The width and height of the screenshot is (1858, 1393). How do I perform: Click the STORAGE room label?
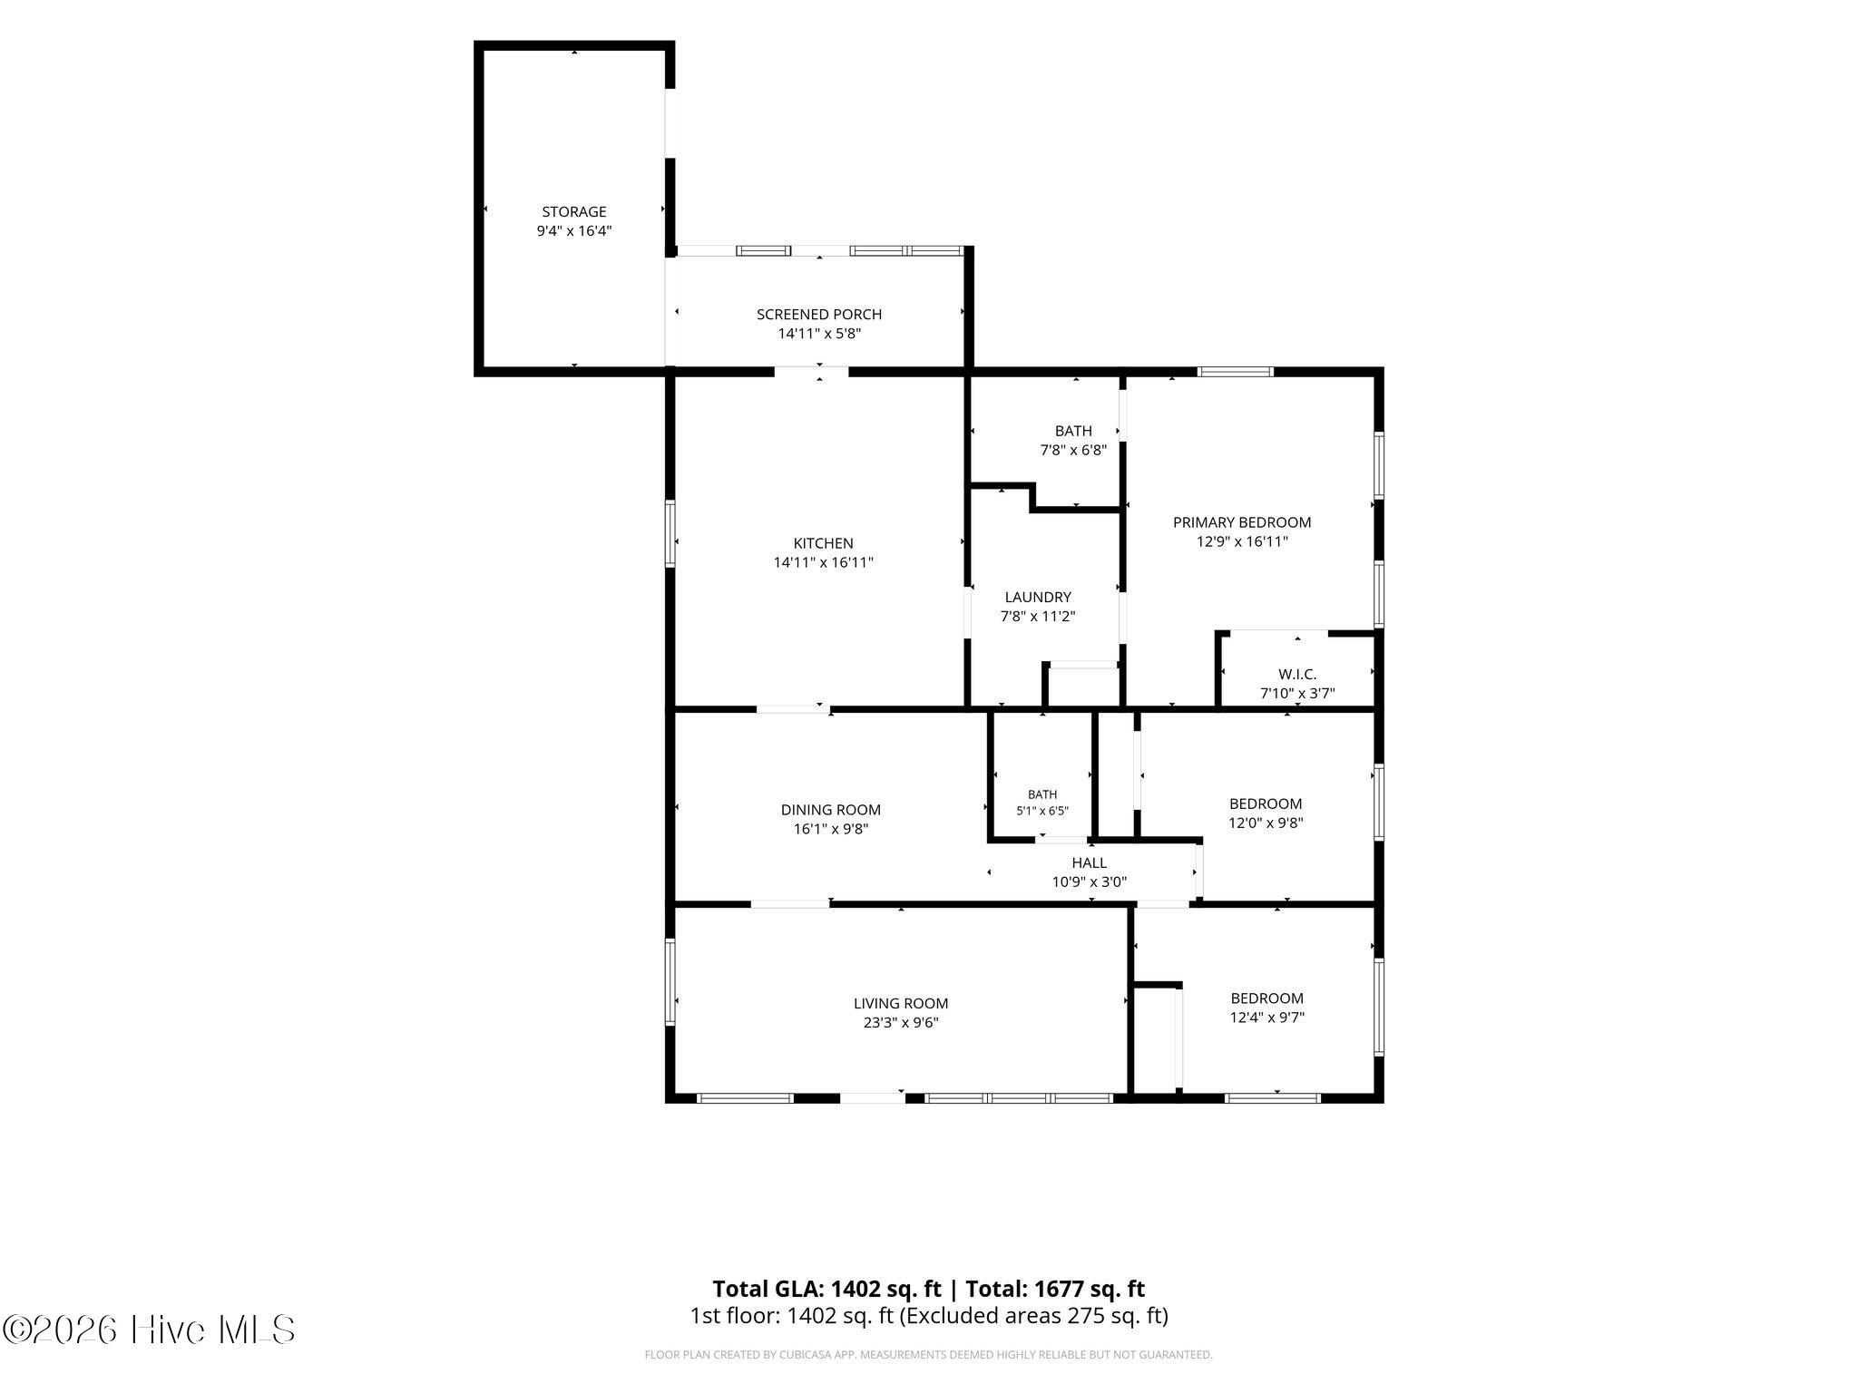[573, 212]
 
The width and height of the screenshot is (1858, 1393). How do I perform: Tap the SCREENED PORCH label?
[819, 315]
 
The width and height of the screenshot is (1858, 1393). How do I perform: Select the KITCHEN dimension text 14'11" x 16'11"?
[824, 562]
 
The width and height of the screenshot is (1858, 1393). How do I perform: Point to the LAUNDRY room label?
[1038, 598]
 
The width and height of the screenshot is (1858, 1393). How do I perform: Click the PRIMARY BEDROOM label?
[1242, 522]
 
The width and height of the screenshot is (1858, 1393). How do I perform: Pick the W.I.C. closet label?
[1297, 675]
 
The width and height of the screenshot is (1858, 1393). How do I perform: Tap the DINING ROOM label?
[831, 810]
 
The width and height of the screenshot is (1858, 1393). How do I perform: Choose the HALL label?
[1090, 863]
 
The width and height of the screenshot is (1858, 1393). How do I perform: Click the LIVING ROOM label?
[901, 1004]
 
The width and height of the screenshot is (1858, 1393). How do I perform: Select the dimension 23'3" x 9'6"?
[901, 1023]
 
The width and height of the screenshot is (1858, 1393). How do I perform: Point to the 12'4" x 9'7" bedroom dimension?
[1267, 1018]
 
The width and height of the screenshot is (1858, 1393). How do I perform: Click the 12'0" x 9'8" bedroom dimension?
[1266, 823]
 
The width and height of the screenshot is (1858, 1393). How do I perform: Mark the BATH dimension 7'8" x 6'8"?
[1073, 450]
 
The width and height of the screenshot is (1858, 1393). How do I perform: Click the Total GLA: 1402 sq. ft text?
[826, 1289]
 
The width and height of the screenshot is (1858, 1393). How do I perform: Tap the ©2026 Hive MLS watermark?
[149, 1330]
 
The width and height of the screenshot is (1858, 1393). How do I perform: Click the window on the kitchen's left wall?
[671, 534]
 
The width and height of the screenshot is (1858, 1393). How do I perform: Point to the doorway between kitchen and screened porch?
[811, 371]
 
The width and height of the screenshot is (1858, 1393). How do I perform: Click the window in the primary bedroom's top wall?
[1236, 371]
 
